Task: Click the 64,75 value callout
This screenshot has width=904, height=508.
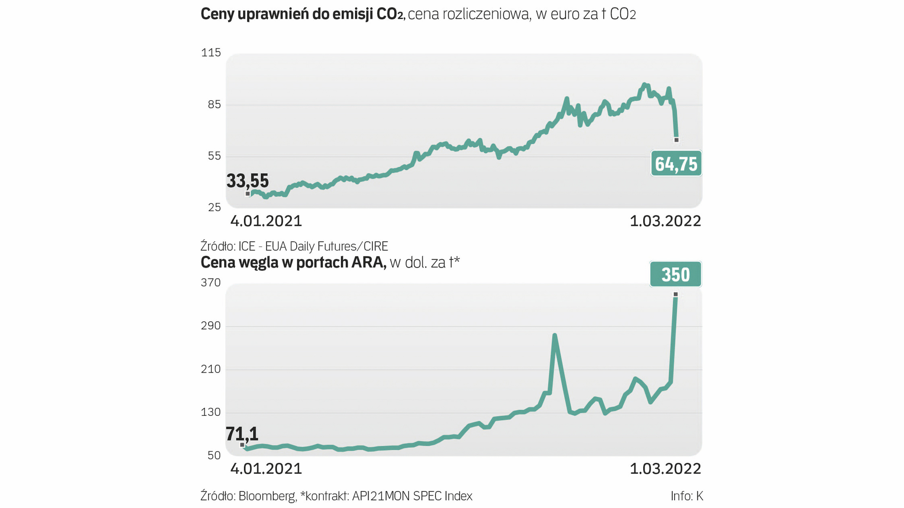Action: pyautogui.click(x=676, y=164)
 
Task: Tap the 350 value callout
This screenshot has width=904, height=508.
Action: pyautogui.click(x=676, y=274)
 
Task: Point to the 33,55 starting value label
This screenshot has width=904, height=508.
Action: pyautogui.click(x=248, y=181)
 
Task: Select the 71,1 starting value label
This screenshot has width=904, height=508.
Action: pyautogui.click(x=242, y=434)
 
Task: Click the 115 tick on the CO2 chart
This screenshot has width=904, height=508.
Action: pyautogui.click(x=211, y=53)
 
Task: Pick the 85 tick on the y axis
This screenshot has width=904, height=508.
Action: pyautogui.click(x=214, y=104)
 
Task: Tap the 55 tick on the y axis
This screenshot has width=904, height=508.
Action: pyautogui.click(x=214, y=156)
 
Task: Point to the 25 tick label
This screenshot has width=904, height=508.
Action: pyautogui.click(x=214, y=207)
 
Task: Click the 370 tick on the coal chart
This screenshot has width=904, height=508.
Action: pyautogui.click(x=211, y=283)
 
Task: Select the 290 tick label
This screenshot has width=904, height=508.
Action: pyautogui.click(x=211, y=326)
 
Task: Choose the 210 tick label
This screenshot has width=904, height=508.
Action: pyautogui.click(x=211, y=369)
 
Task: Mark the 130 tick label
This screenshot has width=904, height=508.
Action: pyautogui.click(x=211, y=413)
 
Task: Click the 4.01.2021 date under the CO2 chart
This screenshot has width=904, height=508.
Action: pyautogui.click(x=266, y=221)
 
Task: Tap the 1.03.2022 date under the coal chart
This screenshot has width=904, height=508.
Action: pyautogui.click(x=665, y=469)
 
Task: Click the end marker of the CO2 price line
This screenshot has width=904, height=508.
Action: pyautogui.click(x=677, y=140)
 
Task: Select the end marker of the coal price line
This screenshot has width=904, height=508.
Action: pyautogui.click(x=676, y=294)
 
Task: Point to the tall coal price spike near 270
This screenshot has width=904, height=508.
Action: pyautogui.click(x=555, y=336)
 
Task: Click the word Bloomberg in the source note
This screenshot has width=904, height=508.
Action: pyautogui.click(x=267, y=496)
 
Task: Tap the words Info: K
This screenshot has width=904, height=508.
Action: pyautogui.click(x=687, y=496)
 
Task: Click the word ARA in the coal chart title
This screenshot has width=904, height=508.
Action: pyautogui.click(x=368, y=262)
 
